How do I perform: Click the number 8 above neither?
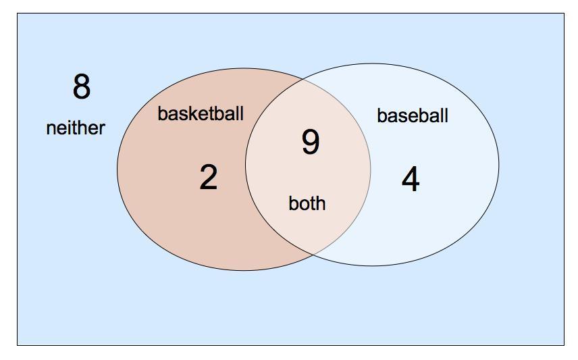click(x=81, y=87)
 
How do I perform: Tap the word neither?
click(x=76, y=128)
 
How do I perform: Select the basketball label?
click(x=201, y=113)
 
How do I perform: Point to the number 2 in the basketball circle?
click(x=209, y=178)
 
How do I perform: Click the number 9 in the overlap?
click(x=310, y=143)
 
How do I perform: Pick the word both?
click(x=307, y=203)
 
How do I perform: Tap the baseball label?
click(x=413, y=115)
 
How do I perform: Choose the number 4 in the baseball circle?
click(x=411, y=180)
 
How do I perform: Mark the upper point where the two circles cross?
click(x=305, y=80)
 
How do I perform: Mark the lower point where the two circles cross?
click(x=313, y=255)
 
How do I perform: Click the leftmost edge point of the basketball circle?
click(x=117, y=170)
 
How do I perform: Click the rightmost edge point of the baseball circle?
click(x=499, y=165)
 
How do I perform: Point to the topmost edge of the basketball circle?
click(x=244, y=68)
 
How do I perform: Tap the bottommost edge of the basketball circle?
click(x=244, y=271)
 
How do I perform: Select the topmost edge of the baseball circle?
click(x=372, y=63)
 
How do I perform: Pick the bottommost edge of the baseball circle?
click(x=372, y=266)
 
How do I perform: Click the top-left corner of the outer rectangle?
click(x=17, y=14)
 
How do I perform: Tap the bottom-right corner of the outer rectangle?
click(x=564, y=345)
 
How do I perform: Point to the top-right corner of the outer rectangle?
click(x=564, y=14)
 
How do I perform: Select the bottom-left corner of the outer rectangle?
click(x=17, y=345)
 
